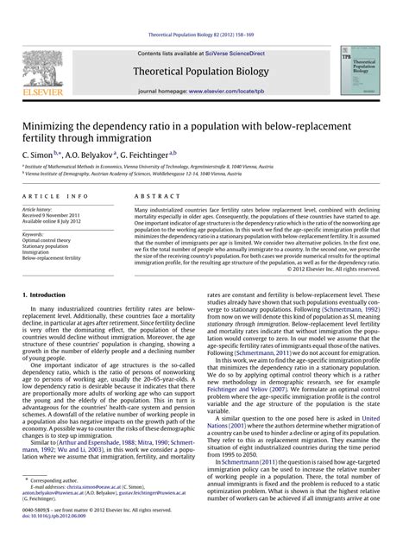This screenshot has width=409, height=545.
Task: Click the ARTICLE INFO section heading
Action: [47, 197]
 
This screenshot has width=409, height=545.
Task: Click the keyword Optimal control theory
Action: [53, 239]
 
